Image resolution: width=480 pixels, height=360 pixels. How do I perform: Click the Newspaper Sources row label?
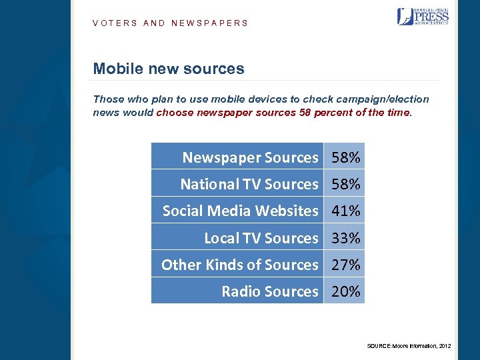pyautogui.click(x=251, y=157)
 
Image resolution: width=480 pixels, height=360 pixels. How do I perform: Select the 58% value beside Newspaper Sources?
pyautogui.click(x=345, y=157)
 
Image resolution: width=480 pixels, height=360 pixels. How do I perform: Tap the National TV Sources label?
pyautogui.click(x=249, y=184)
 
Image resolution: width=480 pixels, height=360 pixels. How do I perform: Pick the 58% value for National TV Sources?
pyautogui.click(x=345, y=184)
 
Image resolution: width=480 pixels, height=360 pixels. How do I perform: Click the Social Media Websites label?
pyautogui.click(x=241, y=211)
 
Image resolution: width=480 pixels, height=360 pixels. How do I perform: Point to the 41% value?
pyautogui.click(x=345, y=211)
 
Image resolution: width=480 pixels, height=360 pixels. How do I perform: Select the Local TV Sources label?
pyautogui.click(x=261, y=238)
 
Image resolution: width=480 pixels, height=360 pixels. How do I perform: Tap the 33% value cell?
pyautogui.click(x=345, y=238)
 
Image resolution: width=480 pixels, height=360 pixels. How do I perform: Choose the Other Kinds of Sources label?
pyautogui.click(x=240, y=265)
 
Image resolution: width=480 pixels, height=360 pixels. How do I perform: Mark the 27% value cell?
pyautogui.click(x=345, y=265)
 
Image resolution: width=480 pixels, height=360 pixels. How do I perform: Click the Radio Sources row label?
pyautogui.click(x=270, y=291)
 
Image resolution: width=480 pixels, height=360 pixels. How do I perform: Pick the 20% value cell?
pyautogui.click(x=345, y=291)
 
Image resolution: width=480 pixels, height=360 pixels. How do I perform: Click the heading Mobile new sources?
pyautogui.click(x=169, y=69)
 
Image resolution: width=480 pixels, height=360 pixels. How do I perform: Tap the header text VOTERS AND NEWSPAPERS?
pyautogui.click(x=171, y=23)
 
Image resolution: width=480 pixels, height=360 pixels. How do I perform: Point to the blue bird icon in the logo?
pyautogui.click(x=405, y=17)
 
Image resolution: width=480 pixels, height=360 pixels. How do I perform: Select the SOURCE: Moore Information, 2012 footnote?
pyautogui.click(x=409, y=346)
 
